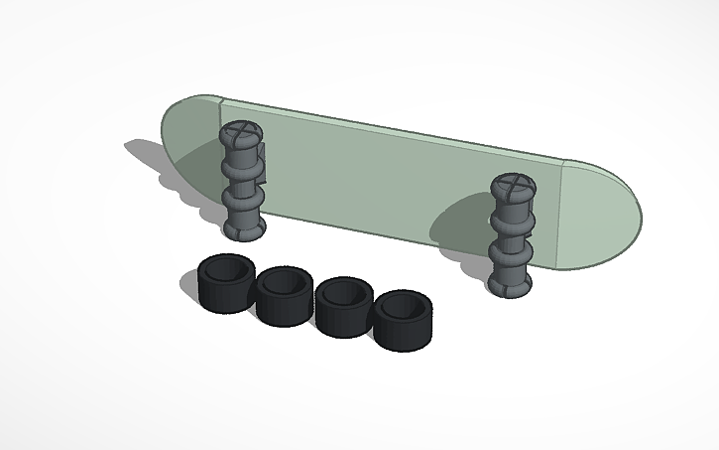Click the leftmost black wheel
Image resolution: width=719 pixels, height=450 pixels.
pos(224,284)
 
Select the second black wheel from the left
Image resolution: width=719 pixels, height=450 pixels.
pos(285,298)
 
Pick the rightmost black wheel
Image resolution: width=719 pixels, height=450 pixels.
pos(404,320)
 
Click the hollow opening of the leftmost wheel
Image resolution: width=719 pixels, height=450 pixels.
pos(226,269)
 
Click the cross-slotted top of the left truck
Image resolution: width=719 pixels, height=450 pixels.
pos(238,134)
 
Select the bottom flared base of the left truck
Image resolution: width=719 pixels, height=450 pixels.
pos(243,229)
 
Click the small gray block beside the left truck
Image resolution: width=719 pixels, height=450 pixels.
pos(265,163)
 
